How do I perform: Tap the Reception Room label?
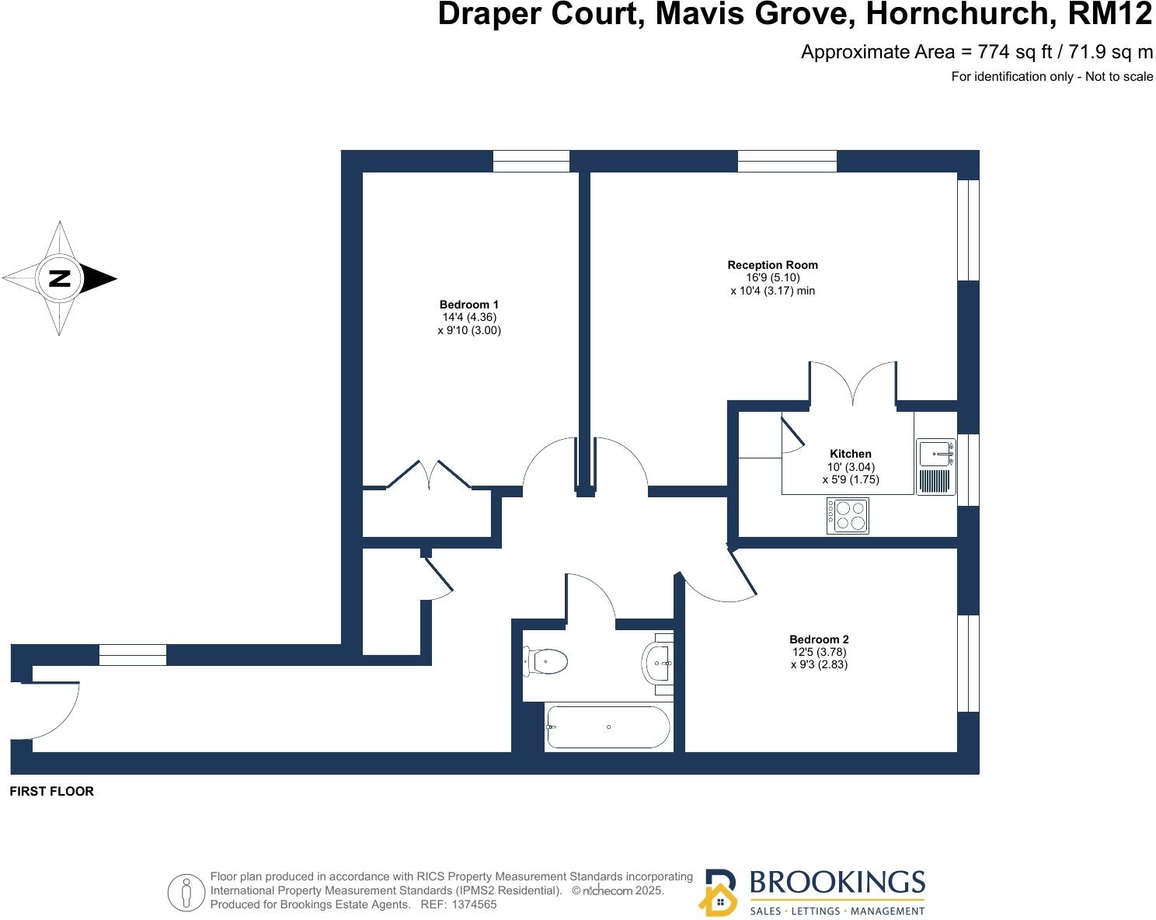[x=772, y=265]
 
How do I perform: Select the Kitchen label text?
[x=851, y=454]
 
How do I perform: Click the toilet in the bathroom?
[x=547, y=662]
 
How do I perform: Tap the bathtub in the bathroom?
[x=608, y=727]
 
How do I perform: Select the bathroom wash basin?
[x=658, y=663]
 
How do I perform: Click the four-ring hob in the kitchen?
[x=848, y=516]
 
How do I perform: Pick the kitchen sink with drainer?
[x=935, y=466]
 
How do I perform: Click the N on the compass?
[x=60, y=278]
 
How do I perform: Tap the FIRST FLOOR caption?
[x=51, y=791]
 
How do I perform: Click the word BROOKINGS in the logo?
[x=837, y=883]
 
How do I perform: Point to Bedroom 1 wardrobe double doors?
[x=429, y=475]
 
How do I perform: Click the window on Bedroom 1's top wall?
[x=531, y=161]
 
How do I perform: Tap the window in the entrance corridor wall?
[x=133, y=655]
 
